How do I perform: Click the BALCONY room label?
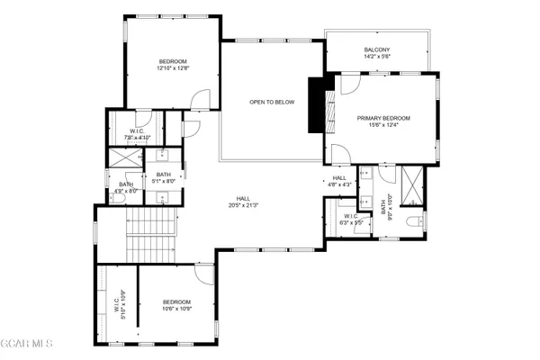point(377,52)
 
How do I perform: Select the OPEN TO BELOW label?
point(272,102)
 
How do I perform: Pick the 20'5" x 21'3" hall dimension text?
point(243,206)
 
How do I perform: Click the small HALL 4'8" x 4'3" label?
point(339,182)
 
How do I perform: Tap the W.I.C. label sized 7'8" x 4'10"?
point(138,135)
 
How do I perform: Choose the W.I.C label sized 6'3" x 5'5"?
point(351,219)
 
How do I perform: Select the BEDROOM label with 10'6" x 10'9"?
point(176,305)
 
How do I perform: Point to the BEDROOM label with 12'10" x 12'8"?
point(173,65)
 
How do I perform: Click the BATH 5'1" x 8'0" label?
point(163,178)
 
